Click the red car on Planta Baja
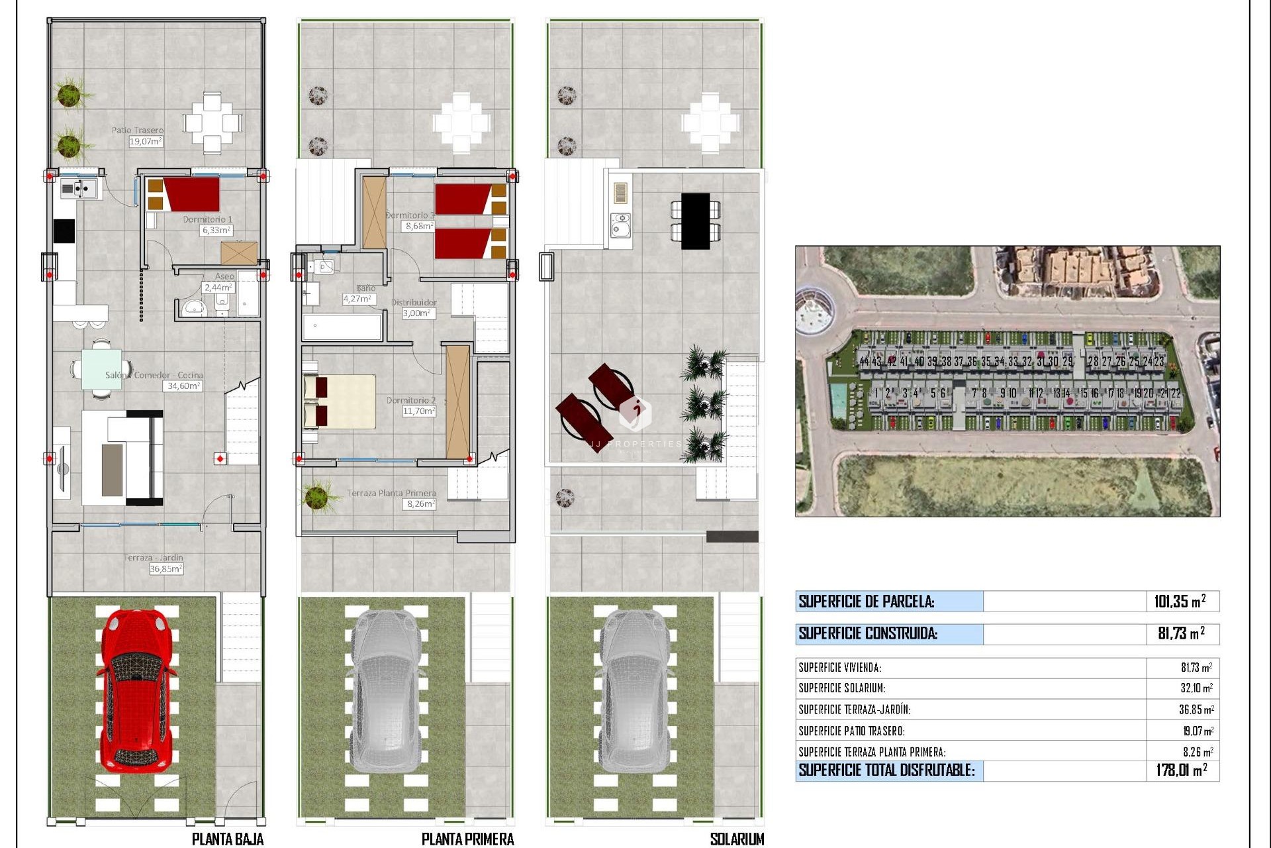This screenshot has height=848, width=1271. tap(137, 689)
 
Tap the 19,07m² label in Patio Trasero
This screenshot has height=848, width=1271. tap(146, 141)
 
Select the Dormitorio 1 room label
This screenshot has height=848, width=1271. tap(207, 219)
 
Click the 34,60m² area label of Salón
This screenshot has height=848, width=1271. tap(182, 386)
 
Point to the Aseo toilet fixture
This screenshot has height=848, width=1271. tap(222, 301)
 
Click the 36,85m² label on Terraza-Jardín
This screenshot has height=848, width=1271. tap(165, 568)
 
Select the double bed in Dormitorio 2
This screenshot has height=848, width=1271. tap(339, 401)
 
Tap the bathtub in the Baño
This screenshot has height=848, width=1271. tap(342, 327)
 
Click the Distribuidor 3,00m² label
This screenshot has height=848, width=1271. tap(418, 313)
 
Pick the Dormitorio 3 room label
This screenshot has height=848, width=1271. tap(410, 215)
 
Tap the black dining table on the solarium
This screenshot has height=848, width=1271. tap(695, 221)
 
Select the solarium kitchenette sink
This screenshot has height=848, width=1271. tap(620, 225)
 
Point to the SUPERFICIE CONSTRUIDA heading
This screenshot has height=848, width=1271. tap(868, 633)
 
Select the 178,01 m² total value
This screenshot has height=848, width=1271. tap(1181, 770)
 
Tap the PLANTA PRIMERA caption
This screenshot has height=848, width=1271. tap(467, 839)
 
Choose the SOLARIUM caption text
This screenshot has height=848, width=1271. tap(737, 839)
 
